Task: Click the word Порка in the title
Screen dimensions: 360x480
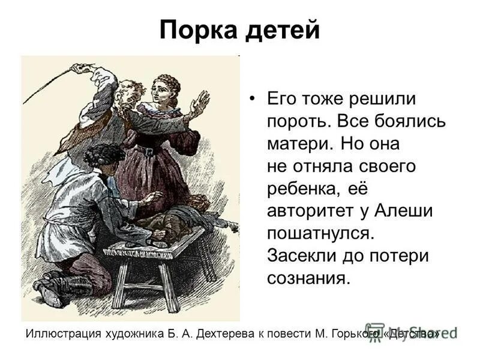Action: pos(196,30)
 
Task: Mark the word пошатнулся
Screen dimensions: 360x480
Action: pos(322,233)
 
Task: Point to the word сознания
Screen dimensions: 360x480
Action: pos(307,278)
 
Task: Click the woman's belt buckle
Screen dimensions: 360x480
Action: pos(147,151)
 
